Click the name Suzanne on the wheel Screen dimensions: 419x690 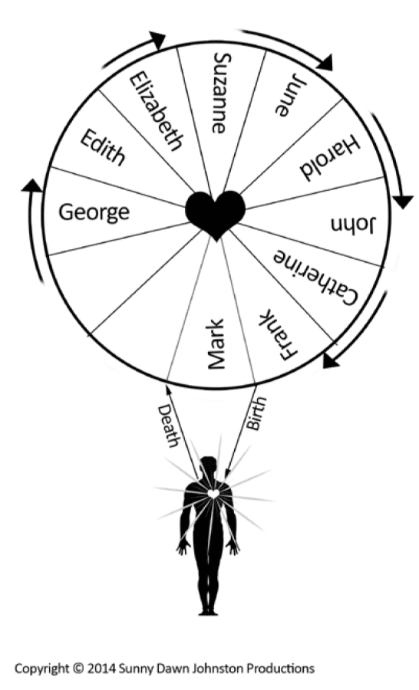(219, 93)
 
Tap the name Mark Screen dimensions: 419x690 (216, 344)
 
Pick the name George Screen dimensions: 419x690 (94, 212)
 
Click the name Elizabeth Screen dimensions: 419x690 (156, 112)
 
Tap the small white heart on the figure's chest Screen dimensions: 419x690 (213, 494)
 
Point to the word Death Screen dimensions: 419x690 (168, 426)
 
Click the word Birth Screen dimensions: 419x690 (256, 414)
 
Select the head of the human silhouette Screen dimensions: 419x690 (209, 465)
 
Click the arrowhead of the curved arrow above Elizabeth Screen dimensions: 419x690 (157, 40)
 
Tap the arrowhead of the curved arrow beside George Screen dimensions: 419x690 (31, 186)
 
